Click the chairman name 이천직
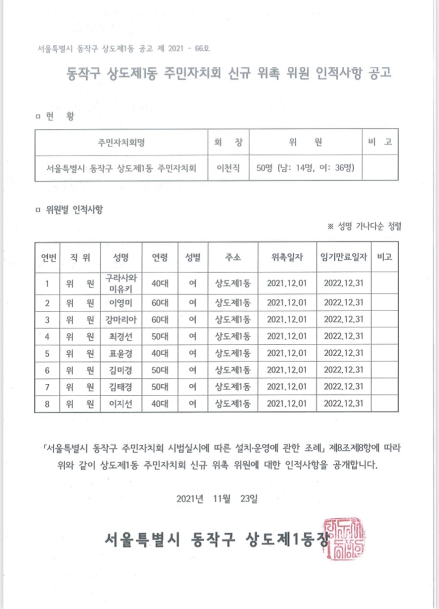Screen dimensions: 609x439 (228, 169)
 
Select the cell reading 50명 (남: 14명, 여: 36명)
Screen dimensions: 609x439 (305, 169)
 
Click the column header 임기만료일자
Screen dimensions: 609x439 (344, 257)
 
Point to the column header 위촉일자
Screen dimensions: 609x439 (287, 257)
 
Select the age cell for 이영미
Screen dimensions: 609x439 (160, 302)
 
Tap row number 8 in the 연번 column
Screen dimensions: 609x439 (47, 404)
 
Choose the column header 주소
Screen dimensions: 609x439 (233, 257)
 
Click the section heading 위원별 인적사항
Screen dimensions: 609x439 (74, 209)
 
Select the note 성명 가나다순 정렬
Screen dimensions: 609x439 (369, 226)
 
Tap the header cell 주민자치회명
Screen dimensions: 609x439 (121, 143)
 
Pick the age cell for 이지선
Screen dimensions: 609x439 (160, 404)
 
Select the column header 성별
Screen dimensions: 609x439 (193, 257)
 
